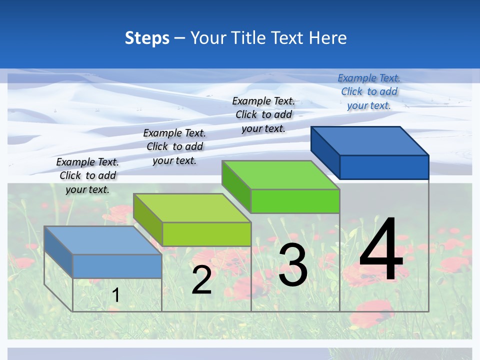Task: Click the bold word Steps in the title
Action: (147, 38)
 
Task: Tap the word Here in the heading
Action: (327, 38)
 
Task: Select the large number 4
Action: (381, 249)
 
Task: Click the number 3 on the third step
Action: (293, 265)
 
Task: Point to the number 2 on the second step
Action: (201, 280)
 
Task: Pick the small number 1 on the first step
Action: (115, 295)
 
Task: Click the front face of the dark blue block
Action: (384, 167)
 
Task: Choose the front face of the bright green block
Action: (295, 201)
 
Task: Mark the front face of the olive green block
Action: (206, 234)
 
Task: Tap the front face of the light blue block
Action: (117, 266)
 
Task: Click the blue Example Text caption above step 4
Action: (369, 91)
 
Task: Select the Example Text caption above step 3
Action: (263, 114)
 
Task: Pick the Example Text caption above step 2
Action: (174, 146)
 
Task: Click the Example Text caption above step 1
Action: (87, 175)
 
